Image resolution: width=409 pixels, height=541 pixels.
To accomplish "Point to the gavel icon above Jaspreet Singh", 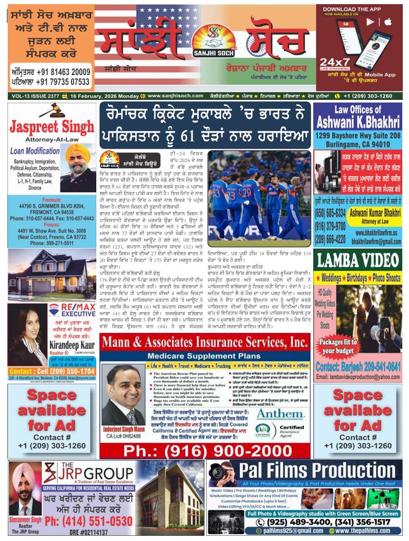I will click(51, 110).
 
